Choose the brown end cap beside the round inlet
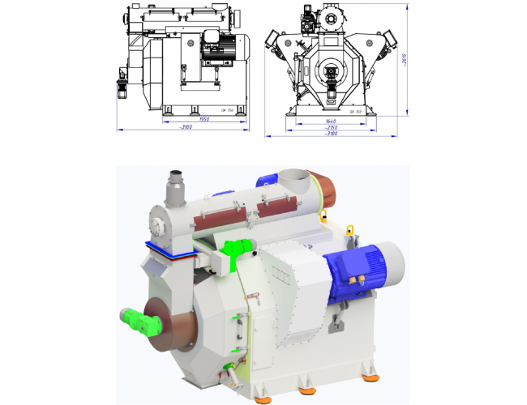coord(318,188)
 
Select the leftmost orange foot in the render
coord(263,396)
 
